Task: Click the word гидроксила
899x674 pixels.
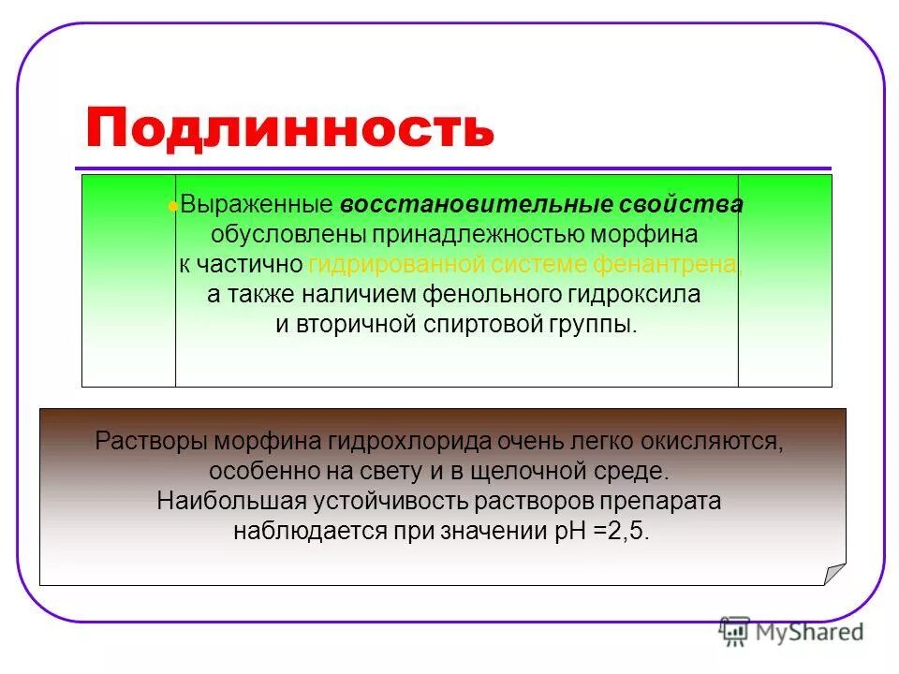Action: pyautogui.click(x=634, y=295)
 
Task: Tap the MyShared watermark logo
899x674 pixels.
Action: pyautogui.click(x=790, y=632)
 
